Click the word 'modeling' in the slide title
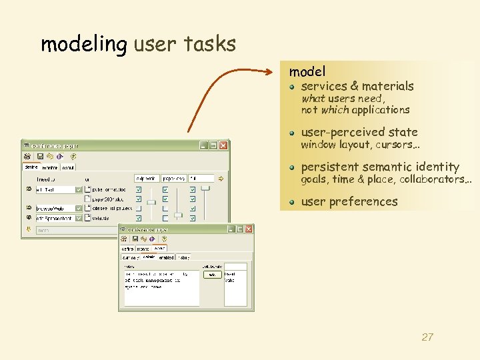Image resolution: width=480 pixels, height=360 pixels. click(83, 45)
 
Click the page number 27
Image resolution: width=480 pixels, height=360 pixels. click(427, 337)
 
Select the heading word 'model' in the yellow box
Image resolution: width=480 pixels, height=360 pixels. click(307, 71)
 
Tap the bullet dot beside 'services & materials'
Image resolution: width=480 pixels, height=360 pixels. click(293, 87)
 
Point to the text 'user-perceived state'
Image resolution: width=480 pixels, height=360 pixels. click(359, 132)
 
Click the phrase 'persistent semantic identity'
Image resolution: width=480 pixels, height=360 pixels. click(380, 167)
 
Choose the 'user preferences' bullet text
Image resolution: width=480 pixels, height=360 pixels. click(349, 201)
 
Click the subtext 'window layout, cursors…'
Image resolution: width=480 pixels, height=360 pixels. click(354, 145)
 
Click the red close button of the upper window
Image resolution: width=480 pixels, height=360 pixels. click(223, 145)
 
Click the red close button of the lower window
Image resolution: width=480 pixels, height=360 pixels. click(249, 229)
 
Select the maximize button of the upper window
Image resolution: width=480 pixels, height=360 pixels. click(213, 145)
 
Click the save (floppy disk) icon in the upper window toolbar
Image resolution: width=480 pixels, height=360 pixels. click(40, 157)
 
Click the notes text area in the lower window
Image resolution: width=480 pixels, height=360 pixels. click(161, 287)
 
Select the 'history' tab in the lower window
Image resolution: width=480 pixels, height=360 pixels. click(183, 257)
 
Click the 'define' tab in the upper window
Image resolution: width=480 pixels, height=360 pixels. click(31, 167)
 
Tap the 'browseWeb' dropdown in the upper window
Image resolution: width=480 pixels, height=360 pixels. click(59, 208)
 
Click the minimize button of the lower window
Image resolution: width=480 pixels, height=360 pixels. click(231, 229)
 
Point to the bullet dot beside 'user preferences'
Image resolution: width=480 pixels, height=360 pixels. click(293, 202)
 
